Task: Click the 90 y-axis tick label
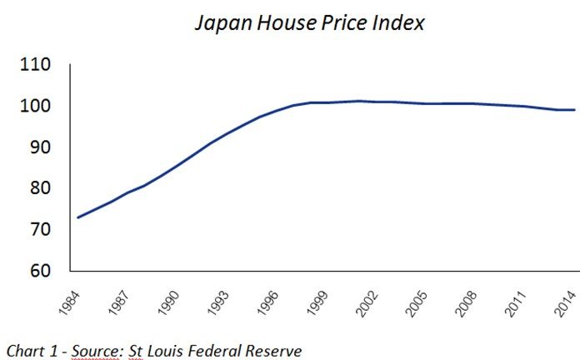pyautogui.click(x=40, y=147)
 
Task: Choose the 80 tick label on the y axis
pyautogui.click(x=40, y=188)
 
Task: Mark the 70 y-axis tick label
pyautogui.click(x=40, y=229)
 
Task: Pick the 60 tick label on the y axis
pyautogui.click(x=40, y=271)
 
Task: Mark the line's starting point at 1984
pyautogui.click(x=77, y=217)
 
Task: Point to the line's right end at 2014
pyautogui.click(x=575, y=110)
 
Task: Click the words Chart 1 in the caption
pyautogui.click(x=29, y=351)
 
